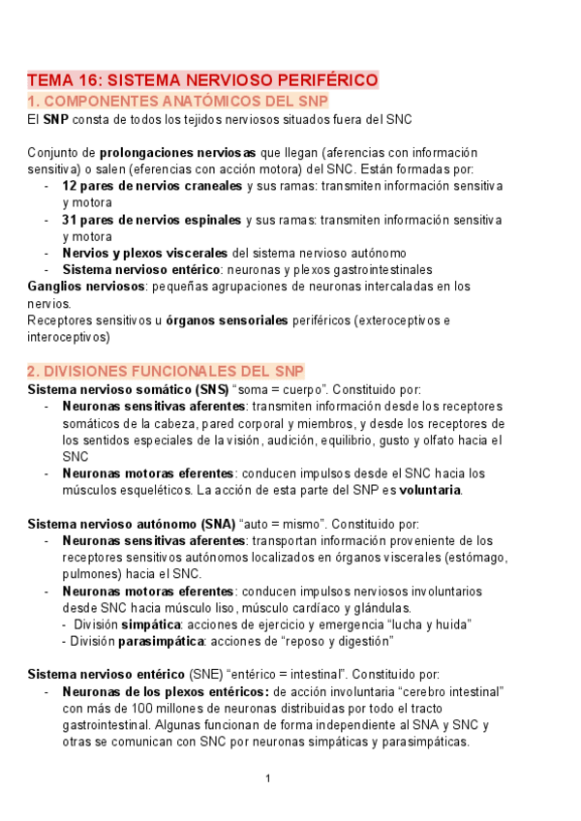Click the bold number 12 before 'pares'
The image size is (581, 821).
[x=70, y=185]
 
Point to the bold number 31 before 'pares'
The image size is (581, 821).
[x=70, y=220]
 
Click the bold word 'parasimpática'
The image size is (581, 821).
[x=161, y=641]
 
